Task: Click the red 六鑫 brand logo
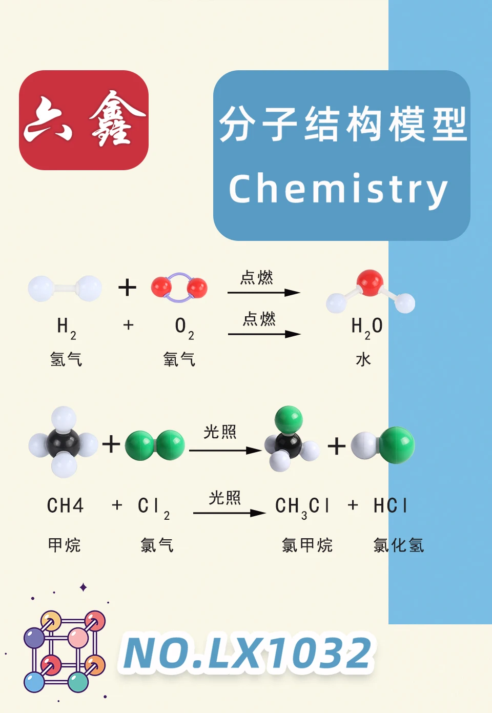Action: click(x=84, y=120)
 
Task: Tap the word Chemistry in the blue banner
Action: click(x=338, y=190)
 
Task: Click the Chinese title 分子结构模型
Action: click(x=342, y=125)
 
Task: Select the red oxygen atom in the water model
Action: click(x=370, y=282)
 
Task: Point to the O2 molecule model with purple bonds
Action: click(x=179, y=288)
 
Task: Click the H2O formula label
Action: click(x=367, y=327)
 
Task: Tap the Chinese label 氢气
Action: click(x=66, y=359)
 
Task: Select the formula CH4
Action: click(x=65, y=506)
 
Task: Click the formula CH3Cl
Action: click(x=302, y=507)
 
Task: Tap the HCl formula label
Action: click(x=391, y=506)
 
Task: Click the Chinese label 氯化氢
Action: click(x=399, y=545)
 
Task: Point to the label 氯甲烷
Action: click(x=307, y=545)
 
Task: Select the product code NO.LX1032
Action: click(x=247, y=654)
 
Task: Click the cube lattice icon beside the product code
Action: click(x=65, y=651)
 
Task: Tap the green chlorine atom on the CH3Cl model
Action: click(x=289, y=420)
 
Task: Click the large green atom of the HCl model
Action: click(x=397, y=444)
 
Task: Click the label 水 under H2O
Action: click(x=363, y=359)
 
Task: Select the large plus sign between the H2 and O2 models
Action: click(x=127, y=287)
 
